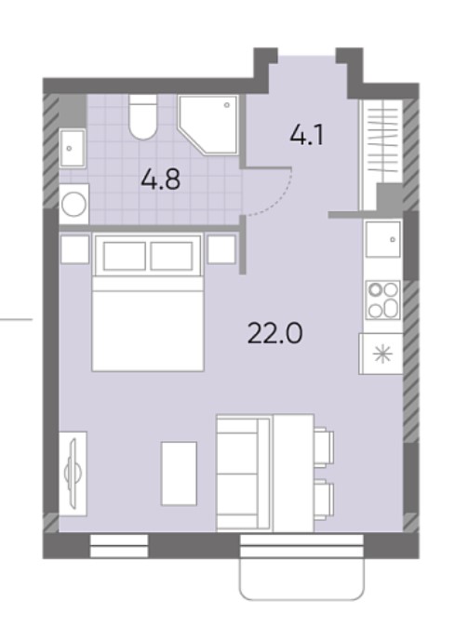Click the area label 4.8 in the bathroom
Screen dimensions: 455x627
[x=161, y=180]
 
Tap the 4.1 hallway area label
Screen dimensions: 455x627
[x=307, y=135]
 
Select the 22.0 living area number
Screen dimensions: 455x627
[x=275, y=333]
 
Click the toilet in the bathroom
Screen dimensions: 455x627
[x=142, y=117]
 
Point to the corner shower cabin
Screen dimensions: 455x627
[x=208, y=125]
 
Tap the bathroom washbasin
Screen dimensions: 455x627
[x=73, y=148]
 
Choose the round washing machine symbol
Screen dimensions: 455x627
[x=74, y=205]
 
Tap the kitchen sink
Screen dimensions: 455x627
[x=383, y=239]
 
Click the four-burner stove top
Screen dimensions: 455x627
[x=383, y=300]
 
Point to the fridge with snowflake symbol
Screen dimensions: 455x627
[x=381, y=354]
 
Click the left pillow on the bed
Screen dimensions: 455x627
[x=125, y=256]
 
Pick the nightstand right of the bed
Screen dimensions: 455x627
[x=221, y=249]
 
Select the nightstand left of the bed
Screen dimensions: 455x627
[x=74, y=249]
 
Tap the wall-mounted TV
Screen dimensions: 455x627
[x=74, y=474]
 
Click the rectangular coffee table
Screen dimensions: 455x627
[x=179, y=474]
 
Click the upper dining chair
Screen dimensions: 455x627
[x=324, y=447]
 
